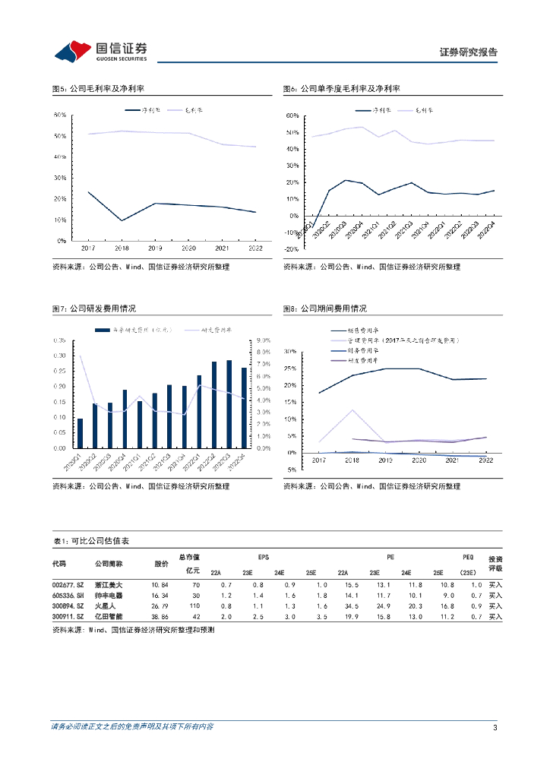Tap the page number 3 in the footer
pyautogui.click(x=495, y=729)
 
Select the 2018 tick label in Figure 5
pyautogui.click(x=122, y=248)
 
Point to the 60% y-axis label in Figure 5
pyautogui.click(x=60, y=115)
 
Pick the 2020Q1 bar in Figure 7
pyautogui.click(x=81, y=433)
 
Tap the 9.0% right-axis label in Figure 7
pyautogui.click(x=263, y=340)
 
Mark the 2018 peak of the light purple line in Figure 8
pyautogui.click(x=352, y=410)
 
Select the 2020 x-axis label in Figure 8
pyautogui.click(x=418, y=460)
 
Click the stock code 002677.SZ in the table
pyautogui.click(x=66, y=584)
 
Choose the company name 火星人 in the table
pyautogui.click(x=104, y=606)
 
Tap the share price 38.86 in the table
pyautogui.click(x=160, y=618)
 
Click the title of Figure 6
pyautogui.click(x=342, y=89)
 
